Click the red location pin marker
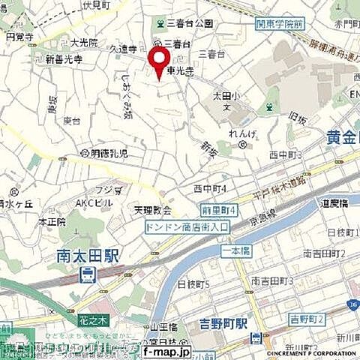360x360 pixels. point(158,60)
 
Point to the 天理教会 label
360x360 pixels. point(153,210)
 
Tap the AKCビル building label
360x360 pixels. point(94,202)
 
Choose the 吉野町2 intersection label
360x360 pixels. point(307,320)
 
